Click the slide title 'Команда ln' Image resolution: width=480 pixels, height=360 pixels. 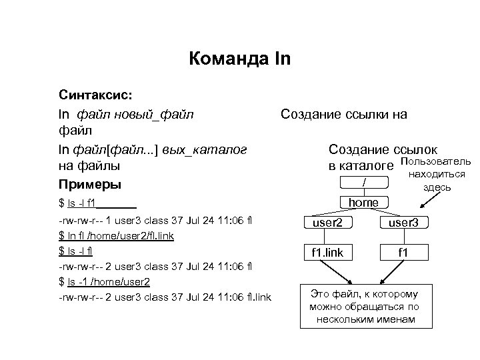coord(239,60)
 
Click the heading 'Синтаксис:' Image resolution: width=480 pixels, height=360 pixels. coord(96,96)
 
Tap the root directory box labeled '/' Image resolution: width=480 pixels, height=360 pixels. coord(363,182)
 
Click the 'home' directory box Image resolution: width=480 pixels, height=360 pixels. coord(363,202)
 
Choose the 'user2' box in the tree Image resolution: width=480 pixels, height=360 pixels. coord(327,223)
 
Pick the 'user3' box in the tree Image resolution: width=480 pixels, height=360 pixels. coord(403,223)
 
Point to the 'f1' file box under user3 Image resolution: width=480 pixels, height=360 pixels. coord(403,253)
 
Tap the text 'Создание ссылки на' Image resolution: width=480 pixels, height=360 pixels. coord(343,114)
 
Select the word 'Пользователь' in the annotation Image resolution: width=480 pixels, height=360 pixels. coord(434,161)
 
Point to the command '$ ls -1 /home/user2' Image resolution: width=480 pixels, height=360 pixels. coord(104,281)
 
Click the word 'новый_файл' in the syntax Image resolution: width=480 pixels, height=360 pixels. coord(158,114)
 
